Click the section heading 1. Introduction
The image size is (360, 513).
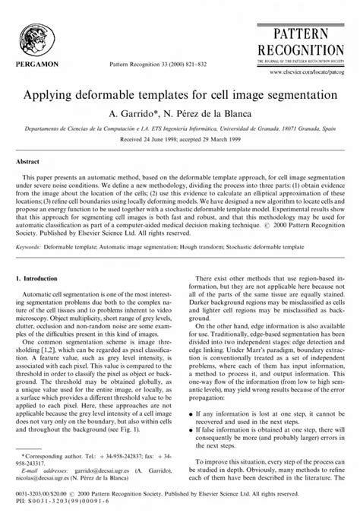(x=43, y=281)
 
